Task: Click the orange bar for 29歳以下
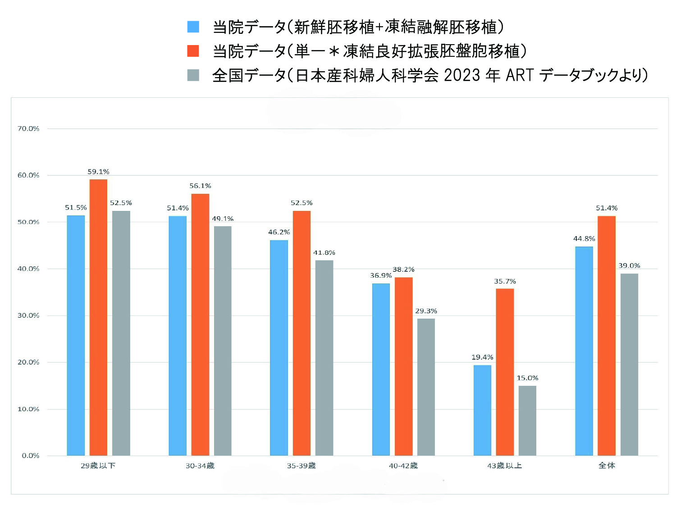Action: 98,317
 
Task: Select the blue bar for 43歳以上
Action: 482,410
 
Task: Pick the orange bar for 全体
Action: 607,336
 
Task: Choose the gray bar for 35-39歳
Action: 324,358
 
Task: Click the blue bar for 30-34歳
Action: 178,336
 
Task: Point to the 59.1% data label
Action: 98,172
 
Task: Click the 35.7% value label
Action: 505,281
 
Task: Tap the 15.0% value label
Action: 527,378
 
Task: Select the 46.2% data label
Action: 279,232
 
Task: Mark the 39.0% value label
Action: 629,265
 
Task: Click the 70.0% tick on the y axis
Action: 28,129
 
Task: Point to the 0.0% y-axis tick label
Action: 31,456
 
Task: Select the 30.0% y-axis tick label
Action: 28,315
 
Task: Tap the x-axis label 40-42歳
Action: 403,466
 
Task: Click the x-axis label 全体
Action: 607,466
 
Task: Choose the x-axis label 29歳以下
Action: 98,466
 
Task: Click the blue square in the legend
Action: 193,27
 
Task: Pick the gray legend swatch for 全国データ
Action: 193,75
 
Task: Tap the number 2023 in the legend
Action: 462,75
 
